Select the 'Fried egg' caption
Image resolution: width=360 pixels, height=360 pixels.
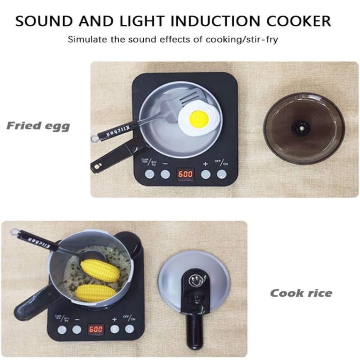[38, 126]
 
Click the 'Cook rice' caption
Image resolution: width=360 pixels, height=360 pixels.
[301, 293]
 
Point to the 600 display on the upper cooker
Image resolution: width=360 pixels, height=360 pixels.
[185, 174]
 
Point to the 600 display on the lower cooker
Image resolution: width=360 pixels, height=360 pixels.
[96, 329]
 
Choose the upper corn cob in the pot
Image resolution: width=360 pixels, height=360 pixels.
[100, 270]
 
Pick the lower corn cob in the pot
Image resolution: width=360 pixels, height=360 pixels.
[96, 292]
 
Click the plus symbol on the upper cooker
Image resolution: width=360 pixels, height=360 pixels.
[205, 164]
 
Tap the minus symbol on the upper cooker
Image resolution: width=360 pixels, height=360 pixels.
[165, 164]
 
